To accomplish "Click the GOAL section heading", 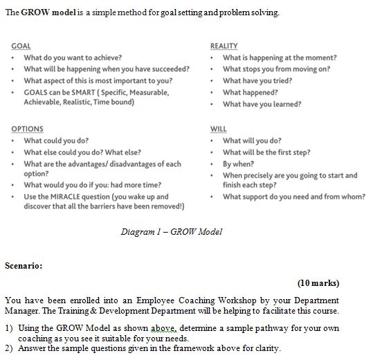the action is pyautogui.click(x=21, y=46).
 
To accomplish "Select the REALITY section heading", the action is pyautogui.click(x=224, y=46).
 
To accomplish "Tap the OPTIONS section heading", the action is pyautogui.click(x=27, y=129).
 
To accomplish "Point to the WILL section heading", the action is pyautogui.click(x=218, y=129).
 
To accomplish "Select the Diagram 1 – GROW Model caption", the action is pyautogui.click(x=172, y=232).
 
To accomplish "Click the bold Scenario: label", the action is pyautogui.click(x=24, y=264).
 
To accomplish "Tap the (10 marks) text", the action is pyautogui.click(x=318, y=283).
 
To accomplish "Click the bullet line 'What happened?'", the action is pyautogui.click(x=250, y=92).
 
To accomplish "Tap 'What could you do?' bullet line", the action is pyautogui.click(x=56, y=141).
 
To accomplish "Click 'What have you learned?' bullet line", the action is pyautogui.click(x=262, y=104).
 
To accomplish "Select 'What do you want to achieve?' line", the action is pyautogui.click(x=73, y=57).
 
